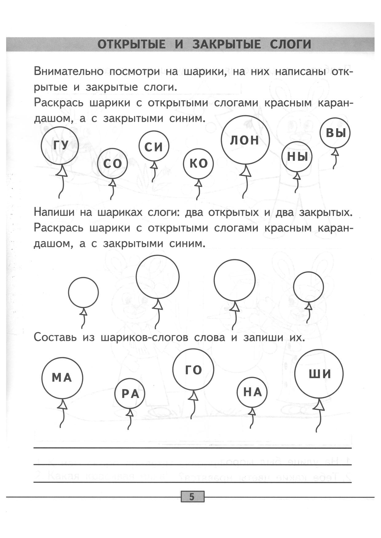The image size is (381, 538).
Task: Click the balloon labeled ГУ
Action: tap(60, 145)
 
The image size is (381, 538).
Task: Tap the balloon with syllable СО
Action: tap(112, 164)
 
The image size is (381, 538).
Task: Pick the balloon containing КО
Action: tap(198, 163)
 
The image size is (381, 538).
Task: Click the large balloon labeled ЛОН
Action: tap(245, 140)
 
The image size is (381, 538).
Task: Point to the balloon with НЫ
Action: tap(297, 157)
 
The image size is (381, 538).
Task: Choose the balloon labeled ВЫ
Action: tap(335, 133)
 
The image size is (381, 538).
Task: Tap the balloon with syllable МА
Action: tap(62, 378)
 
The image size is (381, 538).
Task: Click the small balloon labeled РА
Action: tap(130, 394)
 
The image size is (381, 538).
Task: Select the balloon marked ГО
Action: tap(193, 370)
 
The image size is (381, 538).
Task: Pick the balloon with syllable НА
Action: tap(252, 392)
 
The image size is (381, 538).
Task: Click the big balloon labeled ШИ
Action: tap(319, 374)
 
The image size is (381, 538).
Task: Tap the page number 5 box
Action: tap(192, 496)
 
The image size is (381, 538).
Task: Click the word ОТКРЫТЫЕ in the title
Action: tap(131, 44)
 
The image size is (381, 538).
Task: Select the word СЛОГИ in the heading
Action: tap(290, 44)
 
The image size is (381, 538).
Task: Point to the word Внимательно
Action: tap(68, 71)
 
